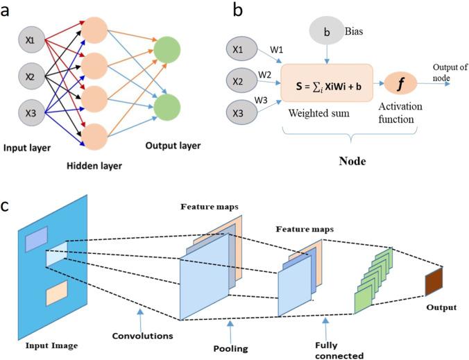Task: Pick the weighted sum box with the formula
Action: [326, 82]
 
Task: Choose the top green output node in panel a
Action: [167, 53]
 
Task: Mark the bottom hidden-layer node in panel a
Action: [98, 135]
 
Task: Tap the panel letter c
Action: [6, 207]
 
